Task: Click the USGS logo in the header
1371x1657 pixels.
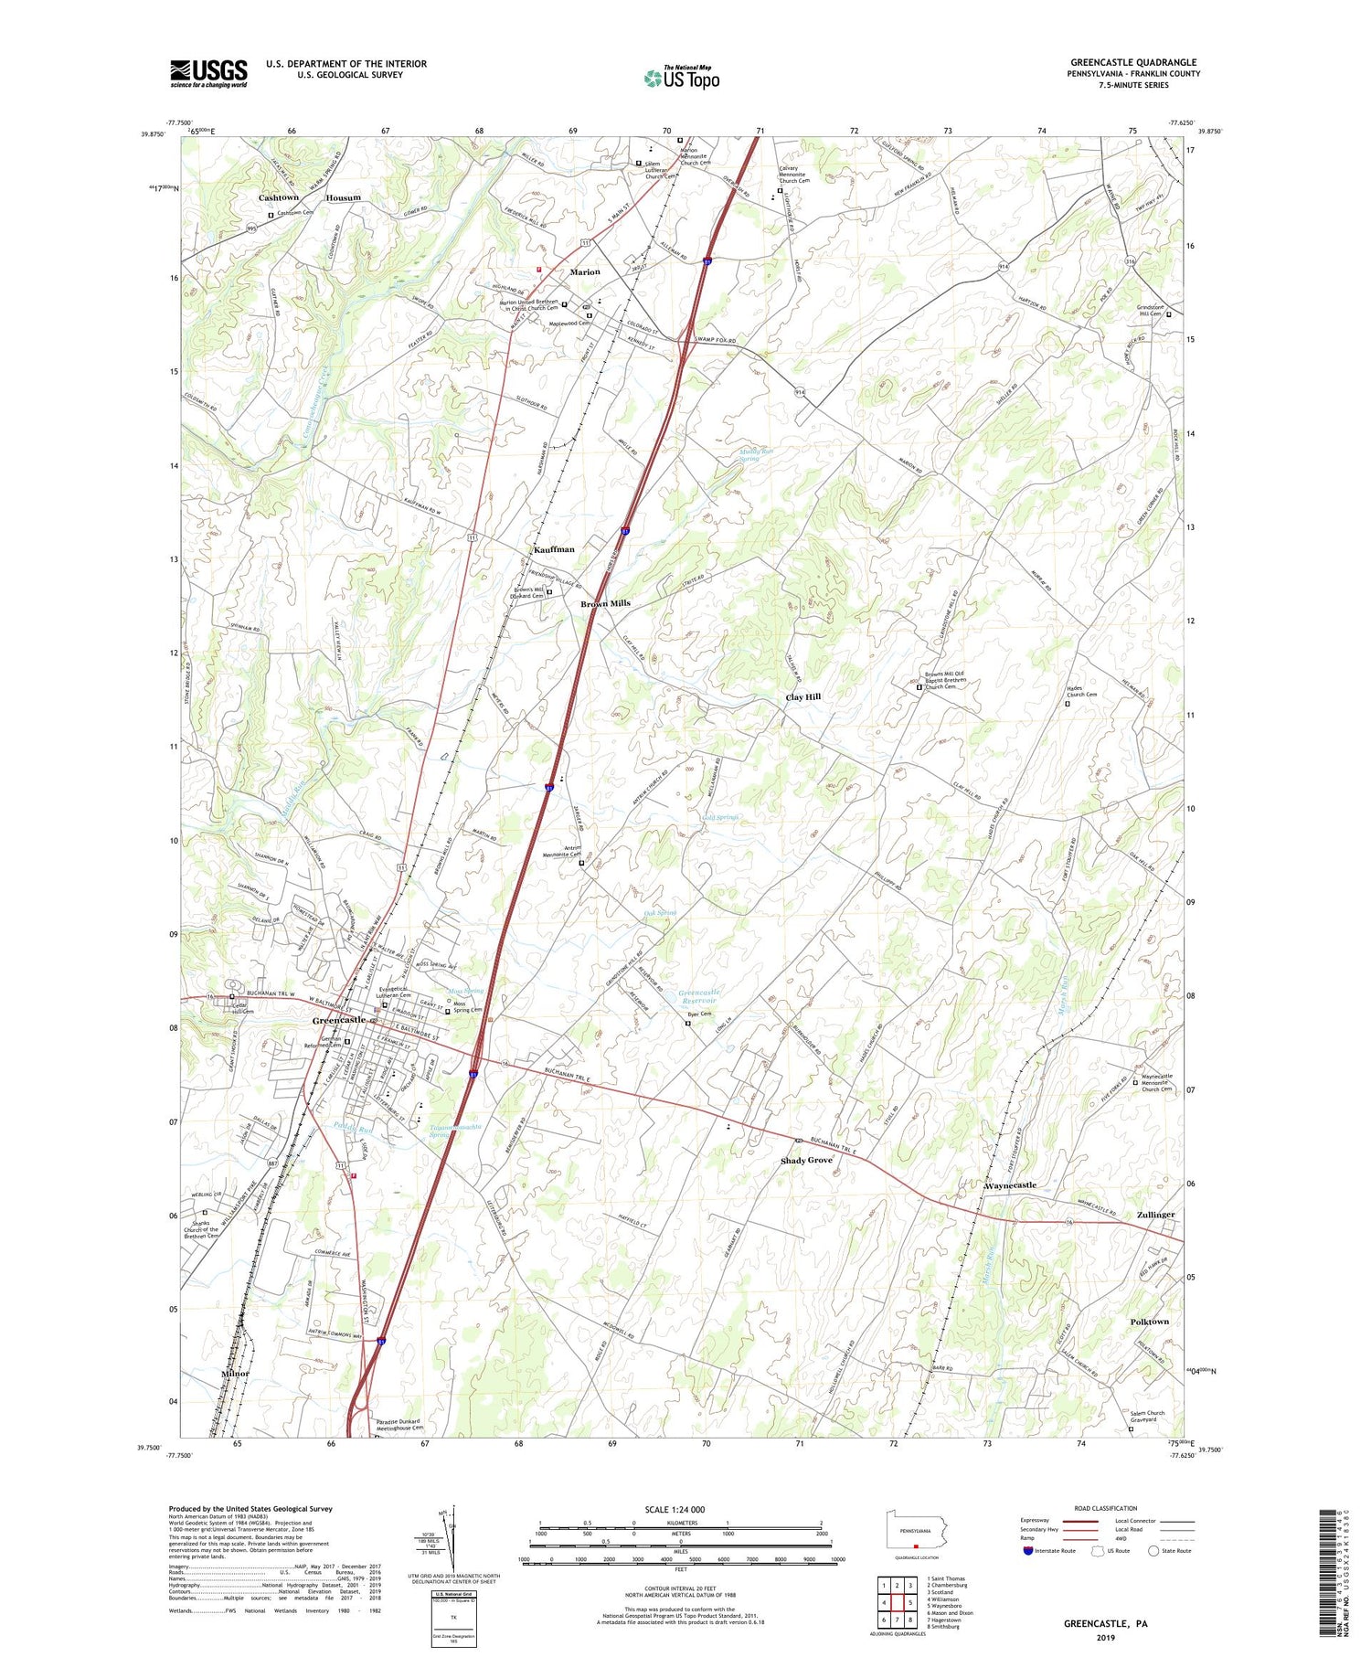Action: [x=208, y=73]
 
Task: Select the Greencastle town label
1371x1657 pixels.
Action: [x=339, y=1020]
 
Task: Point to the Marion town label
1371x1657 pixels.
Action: [x=585, y=272]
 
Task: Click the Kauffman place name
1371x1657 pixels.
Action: [x=554, y=549]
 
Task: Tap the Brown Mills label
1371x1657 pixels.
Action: [x=605, y=604]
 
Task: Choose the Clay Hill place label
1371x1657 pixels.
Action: [x=803, y=697]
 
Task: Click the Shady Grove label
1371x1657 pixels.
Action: [x=806, y=1161]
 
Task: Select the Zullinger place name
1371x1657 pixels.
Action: [x=1155, y=1215]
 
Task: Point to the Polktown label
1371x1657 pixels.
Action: [x=1149, y=1322]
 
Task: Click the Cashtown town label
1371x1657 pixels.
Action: [x=279, y=197]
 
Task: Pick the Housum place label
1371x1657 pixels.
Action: [x=344, y=197]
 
